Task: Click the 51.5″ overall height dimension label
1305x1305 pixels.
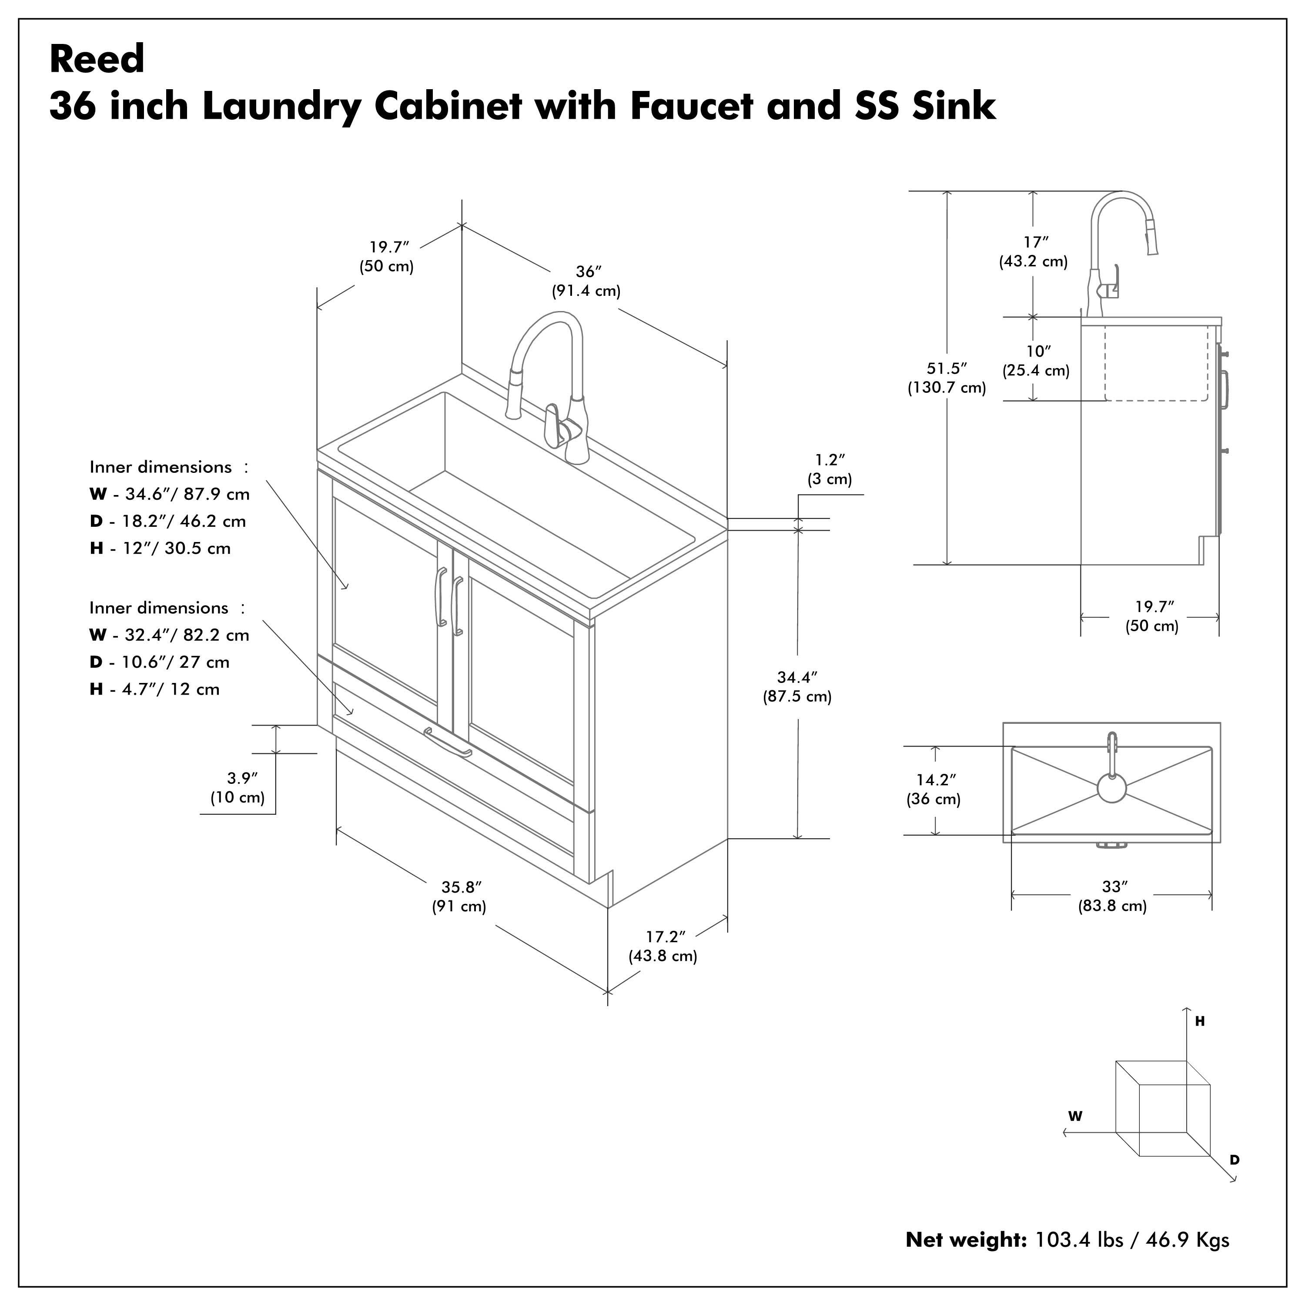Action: tap(946, 378)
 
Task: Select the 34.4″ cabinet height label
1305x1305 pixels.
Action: tap(797, 686)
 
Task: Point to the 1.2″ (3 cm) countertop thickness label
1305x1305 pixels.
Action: tap(830, 469)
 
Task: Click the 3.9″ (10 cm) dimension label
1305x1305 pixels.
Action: tap(238, 788)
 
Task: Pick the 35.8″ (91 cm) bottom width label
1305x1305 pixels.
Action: tap(459, 897)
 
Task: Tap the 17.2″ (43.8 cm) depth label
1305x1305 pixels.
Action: tap(663, 946)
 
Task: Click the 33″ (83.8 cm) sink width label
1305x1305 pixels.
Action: tap(1112, 897)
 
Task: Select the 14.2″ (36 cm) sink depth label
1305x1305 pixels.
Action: tap(934, 789)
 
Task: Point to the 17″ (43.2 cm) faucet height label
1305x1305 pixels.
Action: tap(1034, 251)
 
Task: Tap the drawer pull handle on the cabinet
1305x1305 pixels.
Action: tap(448, 743)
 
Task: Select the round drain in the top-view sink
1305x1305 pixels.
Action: tap(1111, 788)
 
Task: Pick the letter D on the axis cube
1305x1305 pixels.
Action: tap(1234, 1160)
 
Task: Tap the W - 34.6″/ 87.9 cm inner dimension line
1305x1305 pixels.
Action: tap(170, 494)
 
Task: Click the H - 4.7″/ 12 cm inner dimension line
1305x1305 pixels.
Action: tap(155, 689)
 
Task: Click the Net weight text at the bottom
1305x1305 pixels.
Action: tap(1067, 1239)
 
